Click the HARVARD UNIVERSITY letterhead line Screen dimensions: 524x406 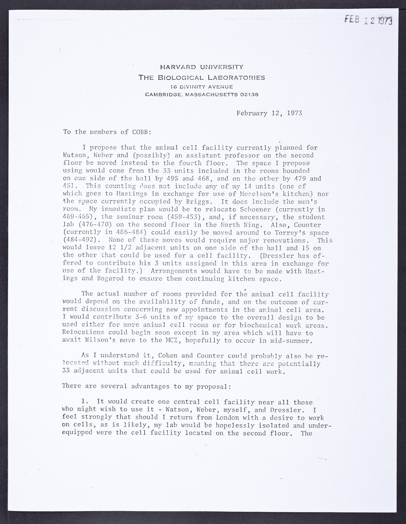pyautogui.click(x=202, y=67)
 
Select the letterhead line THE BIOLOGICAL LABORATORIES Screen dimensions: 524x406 pyautogui.click(x=202, y=77)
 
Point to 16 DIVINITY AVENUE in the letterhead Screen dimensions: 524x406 pyautogui.click(x=202, y=87)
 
